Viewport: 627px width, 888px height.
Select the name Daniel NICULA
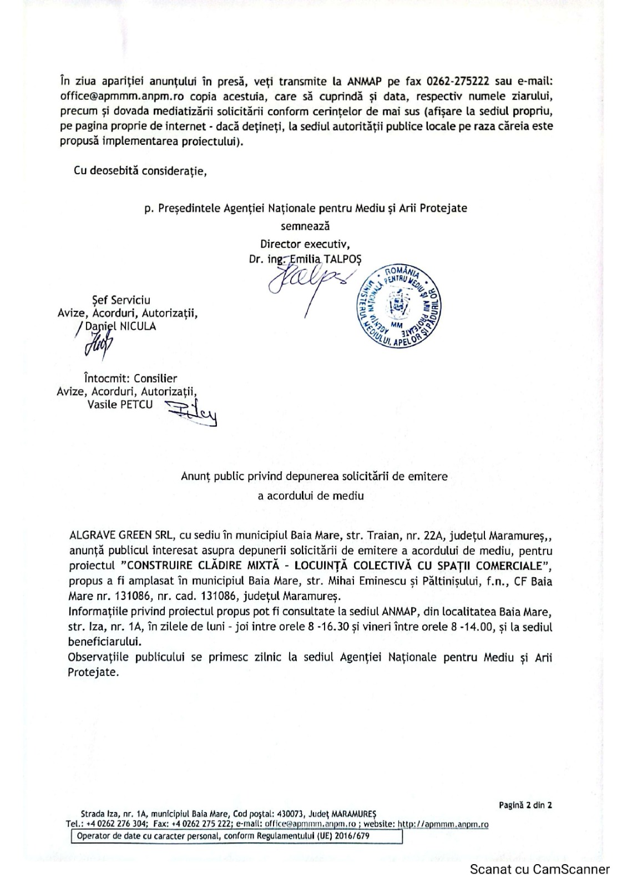pyautogui.click(x=120, y=326)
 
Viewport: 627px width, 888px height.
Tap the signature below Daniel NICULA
pyautogui.click(x=98, y=348)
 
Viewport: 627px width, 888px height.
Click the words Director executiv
pyautogui.click(x=305, y=244)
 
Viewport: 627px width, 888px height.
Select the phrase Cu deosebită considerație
pyautogui.click(x=140, y=171)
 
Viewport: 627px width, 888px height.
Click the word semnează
pyautogui.click(x=305, y=226)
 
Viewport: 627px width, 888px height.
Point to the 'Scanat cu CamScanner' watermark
pyautogui.click(x=539, y=870)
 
